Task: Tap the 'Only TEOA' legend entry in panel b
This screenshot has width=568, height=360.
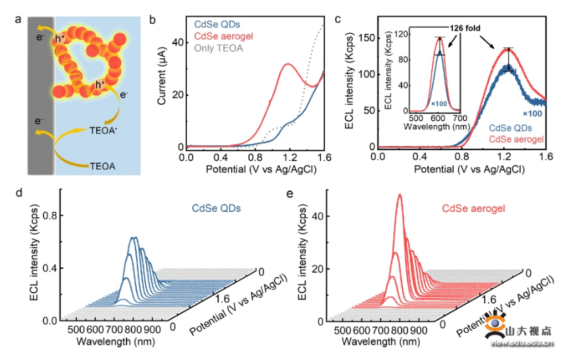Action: click(219, 48)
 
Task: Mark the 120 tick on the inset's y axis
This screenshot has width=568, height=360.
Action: click(401, 32)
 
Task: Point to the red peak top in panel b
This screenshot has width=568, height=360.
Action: click(288, 64)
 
